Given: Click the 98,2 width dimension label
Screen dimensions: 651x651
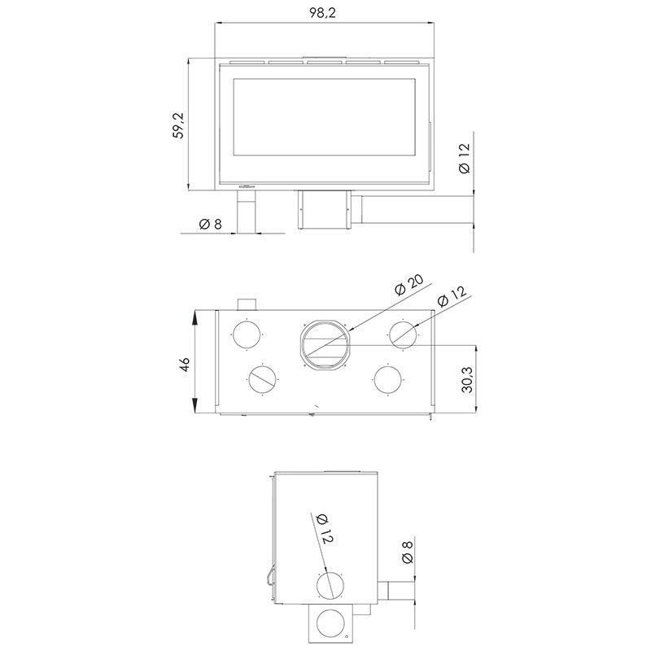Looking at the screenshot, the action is click(x=322, y=13).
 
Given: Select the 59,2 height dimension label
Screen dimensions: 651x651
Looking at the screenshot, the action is click(x=179, y=125).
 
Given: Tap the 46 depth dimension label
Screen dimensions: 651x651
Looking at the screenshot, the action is click(x=185, y=364).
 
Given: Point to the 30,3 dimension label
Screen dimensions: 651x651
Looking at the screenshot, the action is click(x=467, y=379).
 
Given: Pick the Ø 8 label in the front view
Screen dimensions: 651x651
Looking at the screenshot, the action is click(x=211, y=225).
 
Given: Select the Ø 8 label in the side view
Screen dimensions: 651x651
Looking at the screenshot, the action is click(x=408, y=553).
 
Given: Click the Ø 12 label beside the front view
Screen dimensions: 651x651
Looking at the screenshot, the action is click(x=464, y=158).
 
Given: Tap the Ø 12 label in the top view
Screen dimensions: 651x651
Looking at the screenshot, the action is click(x=452, y=296).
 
